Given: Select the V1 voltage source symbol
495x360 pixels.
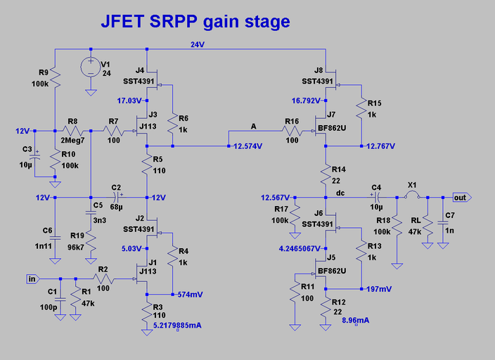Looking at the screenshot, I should (91, 67).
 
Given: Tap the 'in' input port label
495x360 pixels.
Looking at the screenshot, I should (32, 279).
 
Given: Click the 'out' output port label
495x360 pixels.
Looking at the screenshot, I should (461, 198).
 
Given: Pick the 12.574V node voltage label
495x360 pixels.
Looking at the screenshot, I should (248, 146).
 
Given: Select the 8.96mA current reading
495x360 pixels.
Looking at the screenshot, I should (355, 321).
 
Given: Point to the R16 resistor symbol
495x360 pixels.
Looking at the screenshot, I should (292, 131).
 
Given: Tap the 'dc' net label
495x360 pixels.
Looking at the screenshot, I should (340, 192).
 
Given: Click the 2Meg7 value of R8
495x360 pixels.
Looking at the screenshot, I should (73, 141).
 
